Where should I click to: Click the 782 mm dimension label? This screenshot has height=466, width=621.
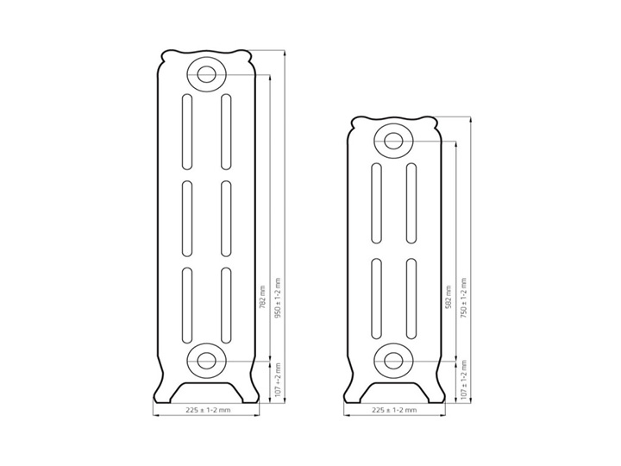coord(261,298)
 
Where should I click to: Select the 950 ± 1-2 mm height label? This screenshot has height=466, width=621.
coord(277,299)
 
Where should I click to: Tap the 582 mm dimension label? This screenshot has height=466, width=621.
coord(448,298)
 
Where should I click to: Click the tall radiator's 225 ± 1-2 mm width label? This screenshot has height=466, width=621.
coord(209,410)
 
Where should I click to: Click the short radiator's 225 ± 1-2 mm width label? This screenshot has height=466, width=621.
coord(394,410)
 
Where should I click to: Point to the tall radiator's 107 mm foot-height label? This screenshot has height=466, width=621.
coord(277,381)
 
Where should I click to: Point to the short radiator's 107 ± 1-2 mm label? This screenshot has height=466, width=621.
coord(464,380)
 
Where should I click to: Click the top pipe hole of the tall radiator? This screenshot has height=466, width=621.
coord(206,74)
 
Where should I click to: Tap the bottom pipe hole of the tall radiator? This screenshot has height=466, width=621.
coord(206,361)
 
